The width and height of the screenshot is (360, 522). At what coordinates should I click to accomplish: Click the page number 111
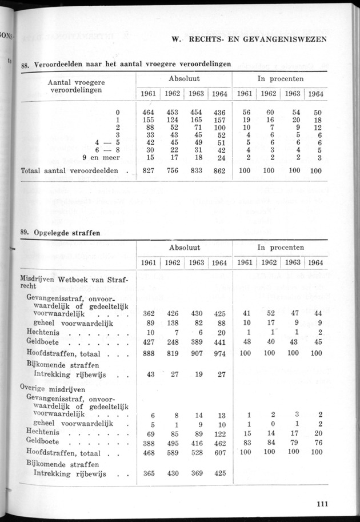(x=321, y=504)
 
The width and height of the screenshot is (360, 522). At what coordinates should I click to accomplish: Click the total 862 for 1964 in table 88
(x=218, y=170)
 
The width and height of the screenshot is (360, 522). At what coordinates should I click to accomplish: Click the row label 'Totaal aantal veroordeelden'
(x=69, y=170)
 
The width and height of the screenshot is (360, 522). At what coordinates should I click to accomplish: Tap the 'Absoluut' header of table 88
(x=183, y=78)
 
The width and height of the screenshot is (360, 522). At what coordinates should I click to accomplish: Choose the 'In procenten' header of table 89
(x=280, y=247)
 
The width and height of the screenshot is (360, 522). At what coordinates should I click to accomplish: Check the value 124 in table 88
(x=172, y=121)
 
